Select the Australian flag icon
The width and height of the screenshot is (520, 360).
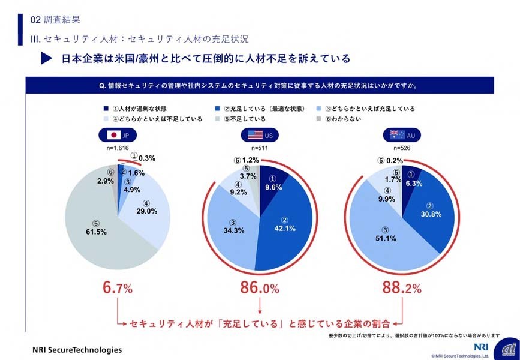tap(396, 136)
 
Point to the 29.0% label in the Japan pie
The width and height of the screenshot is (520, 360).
tap(146, 211)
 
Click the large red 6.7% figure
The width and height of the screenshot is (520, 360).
tap(118, 289)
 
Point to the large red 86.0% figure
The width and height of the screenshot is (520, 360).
tap(260, 289)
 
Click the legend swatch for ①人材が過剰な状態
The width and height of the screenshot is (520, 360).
tap(105, 109)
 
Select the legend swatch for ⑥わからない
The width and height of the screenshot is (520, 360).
tap(318, 119)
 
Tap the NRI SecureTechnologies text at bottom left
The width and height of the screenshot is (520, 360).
tap(77, 349)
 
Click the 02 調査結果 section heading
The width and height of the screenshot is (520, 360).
tap(59, 19)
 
